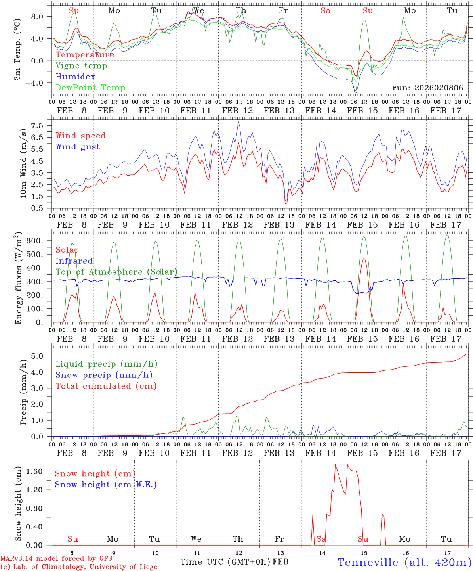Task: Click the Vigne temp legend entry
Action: point(81,66)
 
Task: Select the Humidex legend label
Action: point(75,77)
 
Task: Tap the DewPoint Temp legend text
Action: point(90,88)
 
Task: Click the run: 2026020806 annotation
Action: point(427,88)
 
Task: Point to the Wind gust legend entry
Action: point(78,147)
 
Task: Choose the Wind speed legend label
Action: point(81,136)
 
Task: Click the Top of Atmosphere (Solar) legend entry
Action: point(116,272)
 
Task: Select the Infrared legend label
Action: point(74,261)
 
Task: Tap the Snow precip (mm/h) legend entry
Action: point(104,375)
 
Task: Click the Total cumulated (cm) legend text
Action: point(106,386)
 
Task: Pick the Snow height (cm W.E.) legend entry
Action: point(105,485)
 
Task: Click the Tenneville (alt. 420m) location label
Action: point(404,562)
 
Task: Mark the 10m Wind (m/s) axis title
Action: point(23,162)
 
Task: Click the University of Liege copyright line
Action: point(79,567)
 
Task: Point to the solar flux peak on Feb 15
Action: point(364,259)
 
